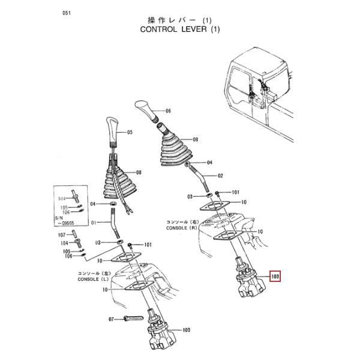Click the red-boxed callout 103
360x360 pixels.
(x=275, y=277)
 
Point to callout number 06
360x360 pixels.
(x=168, y=111)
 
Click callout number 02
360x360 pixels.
(x=220, y=176)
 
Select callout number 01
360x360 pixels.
(x=92, y=223)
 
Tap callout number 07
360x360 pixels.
(x=112, y=319)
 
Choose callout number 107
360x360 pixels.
(x=63, y=235)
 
